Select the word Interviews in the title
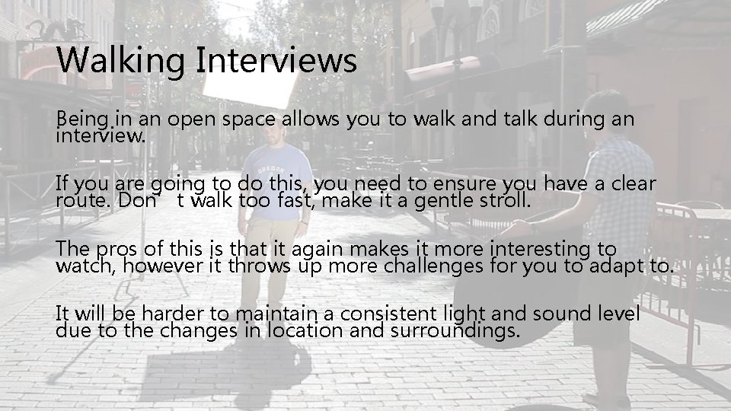coord(276,60)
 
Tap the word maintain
coord(273,314)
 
